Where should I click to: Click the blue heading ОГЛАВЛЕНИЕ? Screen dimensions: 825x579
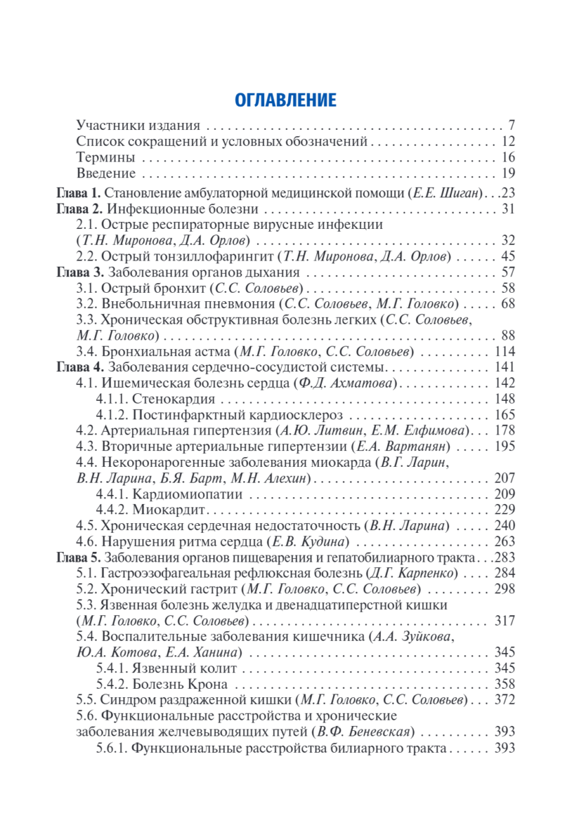pos(285,100)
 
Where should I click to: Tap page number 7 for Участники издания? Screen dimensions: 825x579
pos(512,126)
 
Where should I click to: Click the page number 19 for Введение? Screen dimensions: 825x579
pos(508,173)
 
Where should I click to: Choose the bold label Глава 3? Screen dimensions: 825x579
pos(78,272)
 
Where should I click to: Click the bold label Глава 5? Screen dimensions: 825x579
pos(78,557)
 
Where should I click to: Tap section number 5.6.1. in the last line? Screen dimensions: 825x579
pos(111,747)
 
